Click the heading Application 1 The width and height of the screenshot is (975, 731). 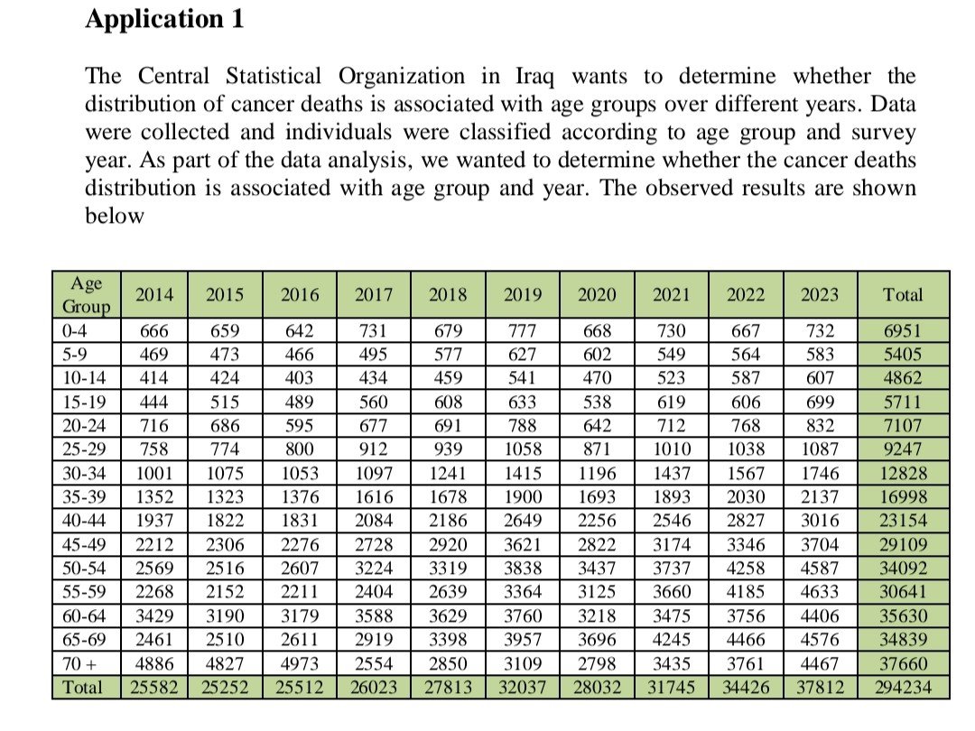[165, 19]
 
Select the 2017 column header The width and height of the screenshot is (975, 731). [374, 294]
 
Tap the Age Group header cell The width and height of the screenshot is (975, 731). [87, 294]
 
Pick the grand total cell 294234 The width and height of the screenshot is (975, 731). [904, 688]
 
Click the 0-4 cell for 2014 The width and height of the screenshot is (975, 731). [153, 330]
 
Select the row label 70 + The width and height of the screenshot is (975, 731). [79, 664]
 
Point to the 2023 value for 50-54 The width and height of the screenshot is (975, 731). [820, 569]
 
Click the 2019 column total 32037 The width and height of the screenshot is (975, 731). [523, 688]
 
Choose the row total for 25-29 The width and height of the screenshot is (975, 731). [904, 449]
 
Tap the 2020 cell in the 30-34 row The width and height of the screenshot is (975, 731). [597, 473]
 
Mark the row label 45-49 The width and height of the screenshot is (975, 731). [84, 544]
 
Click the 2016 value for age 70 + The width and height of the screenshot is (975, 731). [299, 664]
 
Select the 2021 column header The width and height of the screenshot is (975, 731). [672, 294]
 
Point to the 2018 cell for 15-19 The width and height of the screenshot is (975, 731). [449, 403]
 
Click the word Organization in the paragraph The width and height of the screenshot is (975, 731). [402, 77]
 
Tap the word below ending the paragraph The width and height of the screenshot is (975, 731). [115, 216]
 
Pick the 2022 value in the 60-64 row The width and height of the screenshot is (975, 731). [746, 616]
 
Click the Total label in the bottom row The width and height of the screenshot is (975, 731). [82, 688]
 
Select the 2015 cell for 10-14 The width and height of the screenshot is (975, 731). [225, 378]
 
